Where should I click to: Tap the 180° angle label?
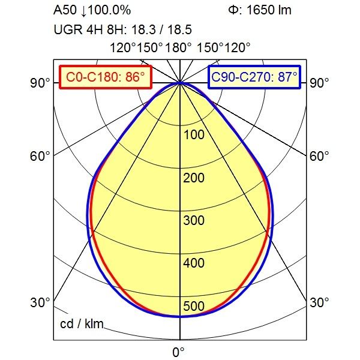pos(179,48)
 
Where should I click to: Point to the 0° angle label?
pos(179,351)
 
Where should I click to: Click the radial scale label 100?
pos(194,134)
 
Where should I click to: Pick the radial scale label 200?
pos(194,178)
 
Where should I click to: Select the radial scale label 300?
pos(194,220)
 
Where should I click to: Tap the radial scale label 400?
pos(194,263)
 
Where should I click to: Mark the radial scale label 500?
pos(194,307)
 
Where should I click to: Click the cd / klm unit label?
pos(82,325)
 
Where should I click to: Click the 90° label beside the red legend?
pos(41,83)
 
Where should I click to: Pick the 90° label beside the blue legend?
pos(319,83)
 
